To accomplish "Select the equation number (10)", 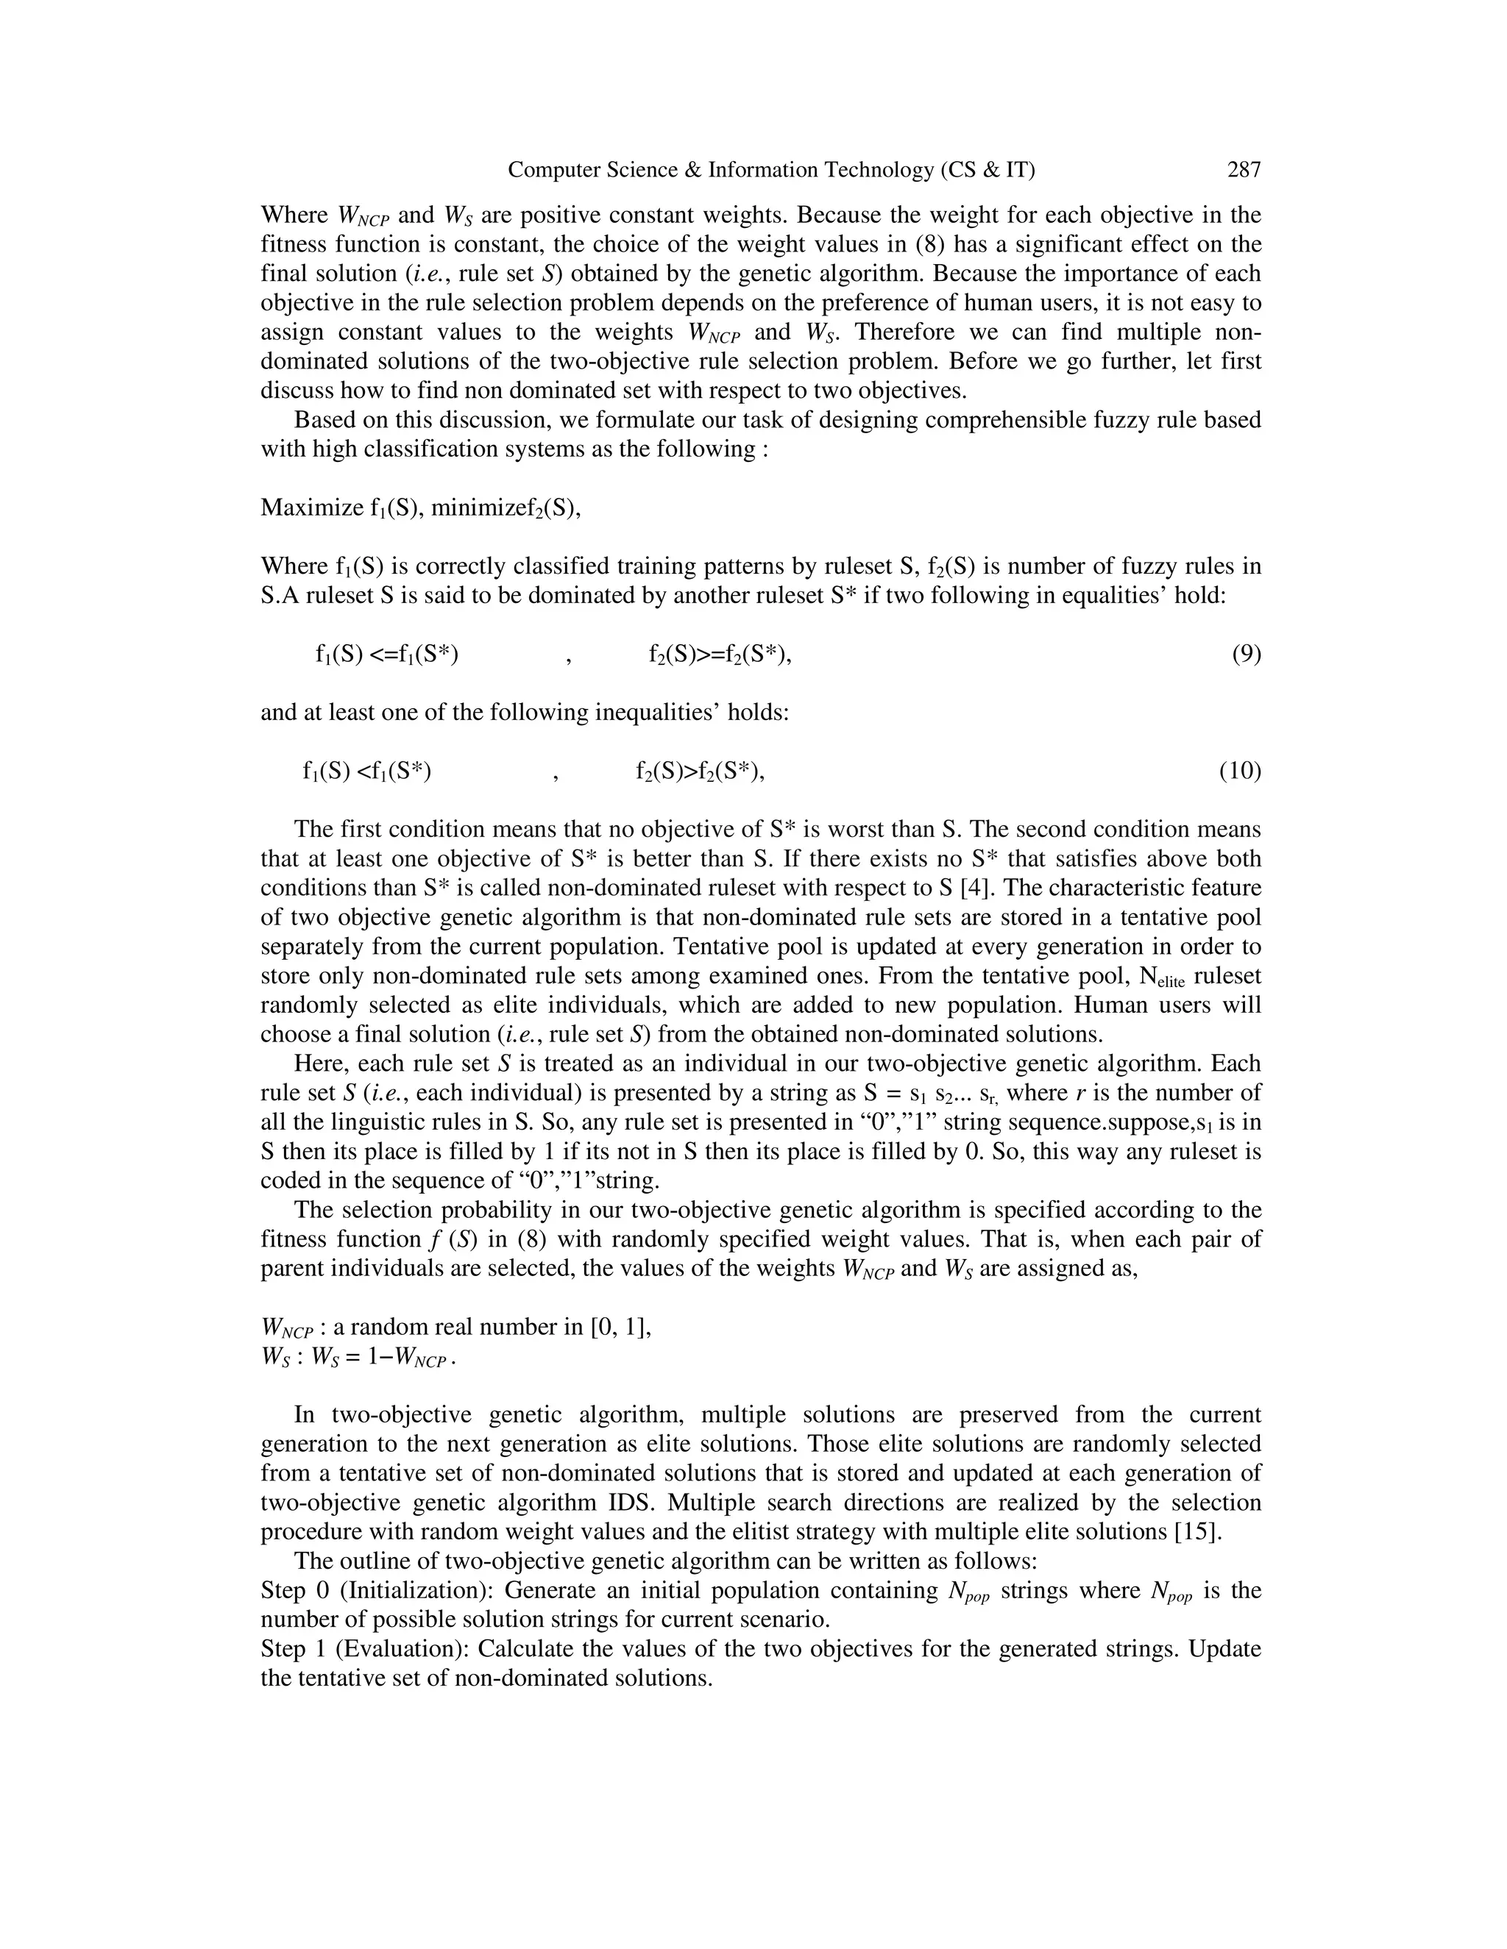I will [1240, 771].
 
